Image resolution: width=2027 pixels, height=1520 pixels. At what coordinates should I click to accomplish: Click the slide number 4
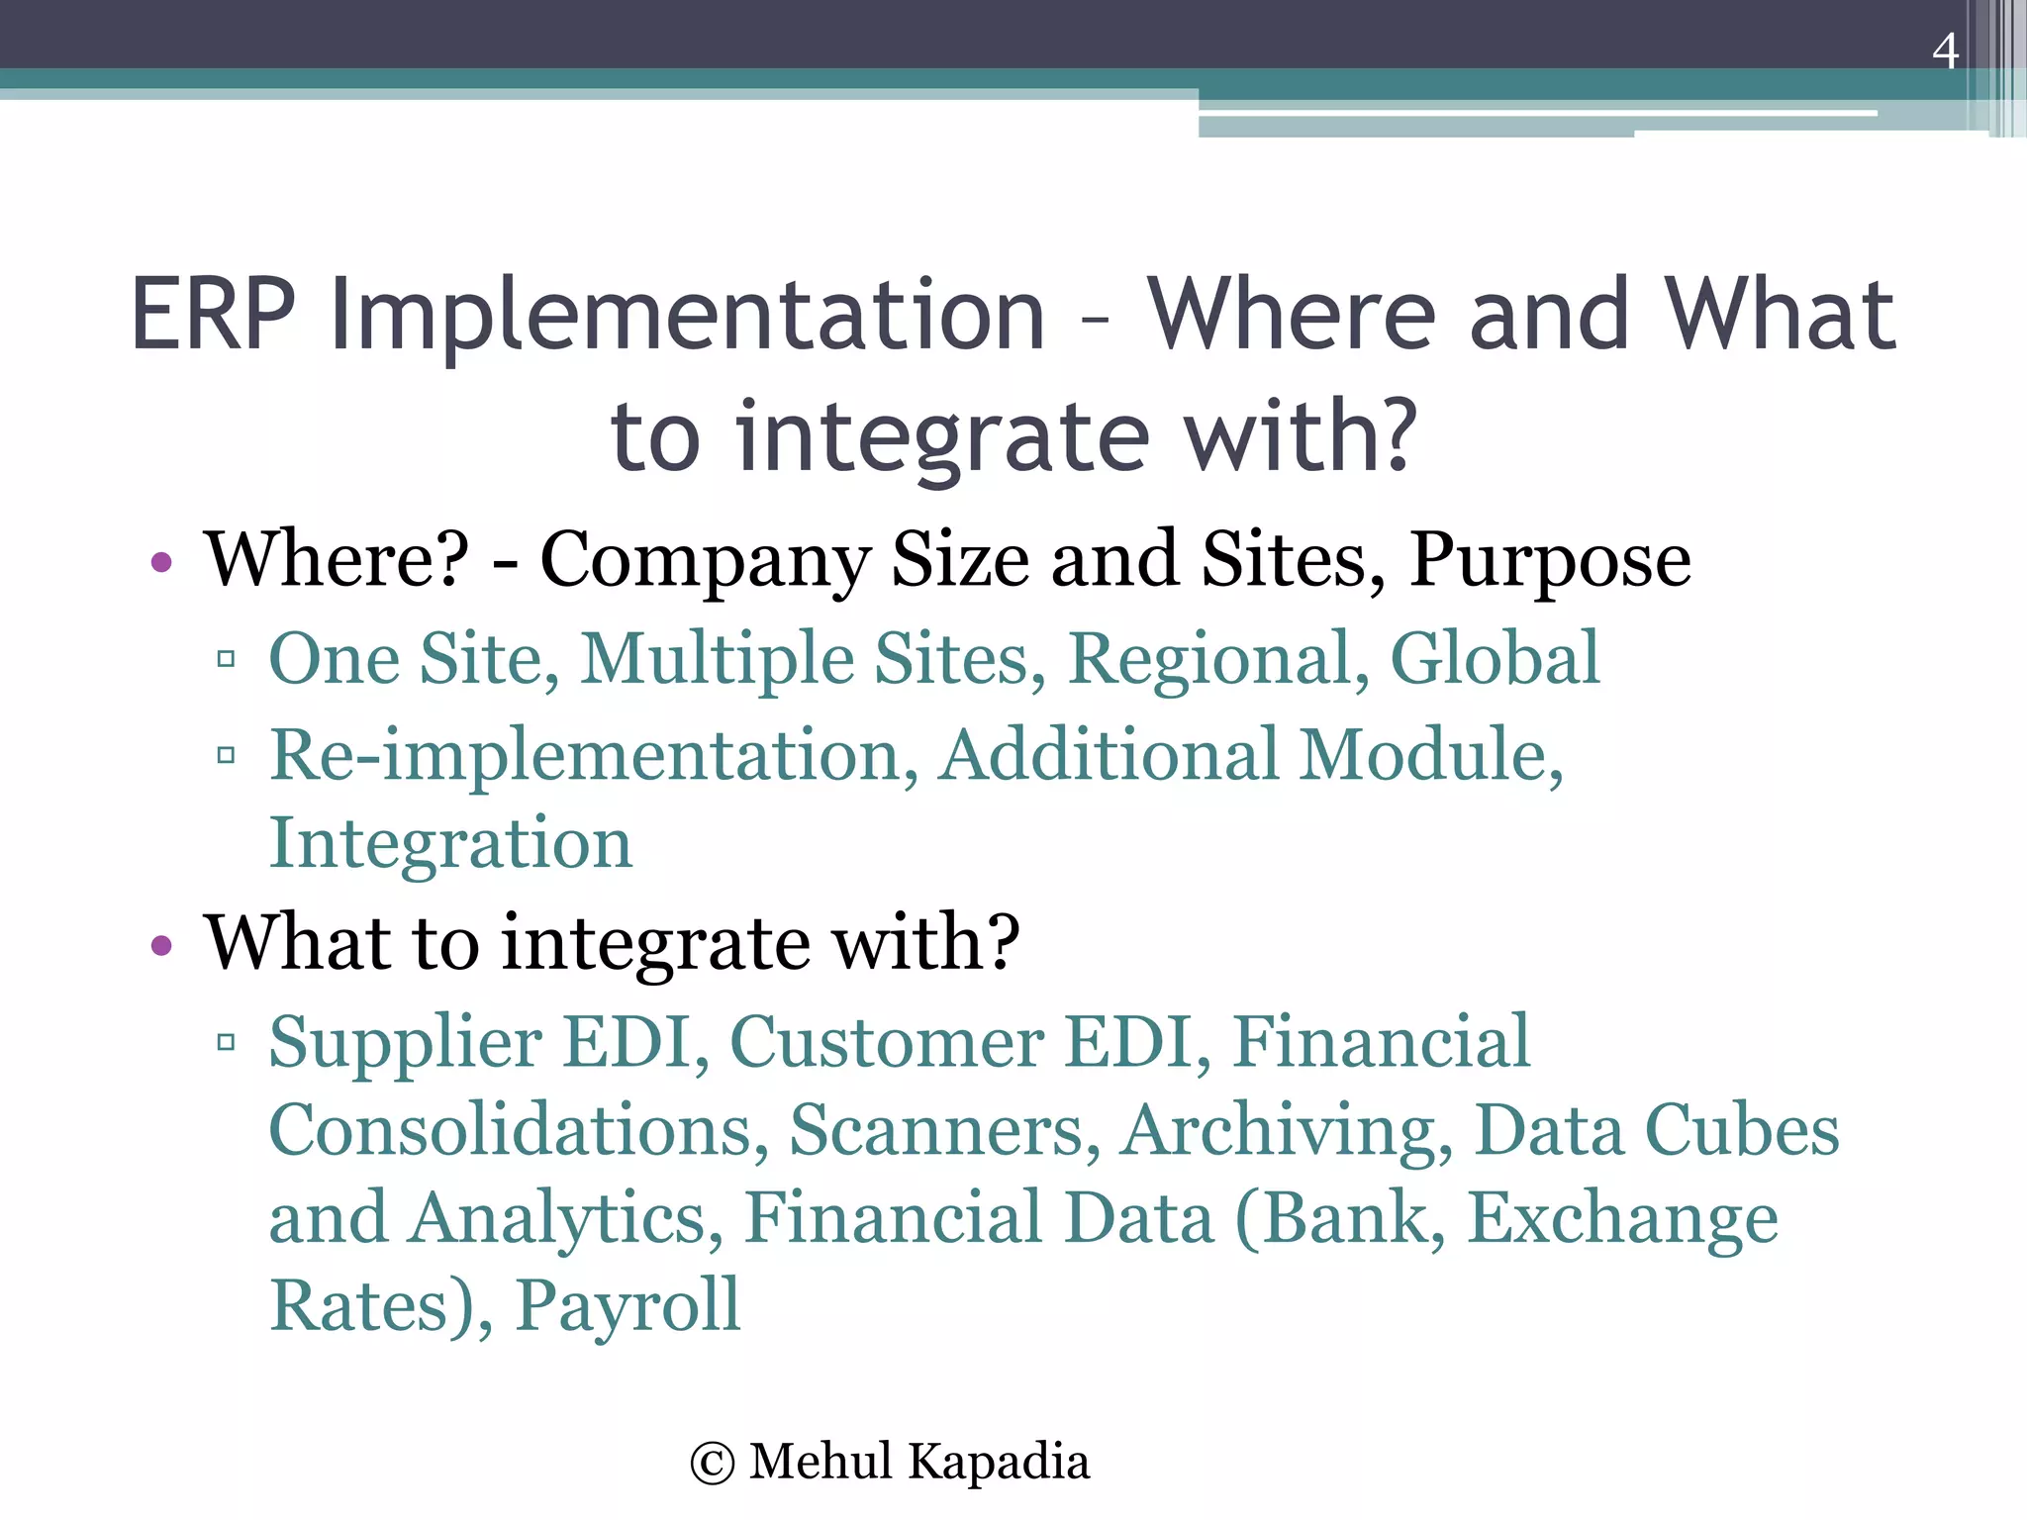pos(1945,51)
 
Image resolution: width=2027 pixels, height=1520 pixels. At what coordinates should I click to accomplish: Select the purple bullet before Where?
pos(162,564)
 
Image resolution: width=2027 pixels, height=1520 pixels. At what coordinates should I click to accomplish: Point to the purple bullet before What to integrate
pos(162,946)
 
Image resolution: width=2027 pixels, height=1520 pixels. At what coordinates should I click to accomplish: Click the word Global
pos(1495,658)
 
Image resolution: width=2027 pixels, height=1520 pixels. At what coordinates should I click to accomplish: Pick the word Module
pos(1430,756)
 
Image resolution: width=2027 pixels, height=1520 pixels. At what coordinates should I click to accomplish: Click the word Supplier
pos(406,1043)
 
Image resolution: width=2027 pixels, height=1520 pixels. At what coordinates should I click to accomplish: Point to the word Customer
pos(886,1043)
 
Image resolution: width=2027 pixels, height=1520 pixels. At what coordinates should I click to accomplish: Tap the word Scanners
pos(944,1130)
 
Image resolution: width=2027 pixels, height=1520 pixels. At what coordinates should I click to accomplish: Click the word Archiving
pos(1287,1130)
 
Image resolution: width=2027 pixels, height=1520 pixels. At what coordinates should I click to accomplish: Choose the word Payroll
pos(627,1306)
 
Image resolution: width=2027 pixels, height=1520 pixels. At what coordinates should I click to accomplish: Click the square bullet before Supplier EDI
pos(226,1042)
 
